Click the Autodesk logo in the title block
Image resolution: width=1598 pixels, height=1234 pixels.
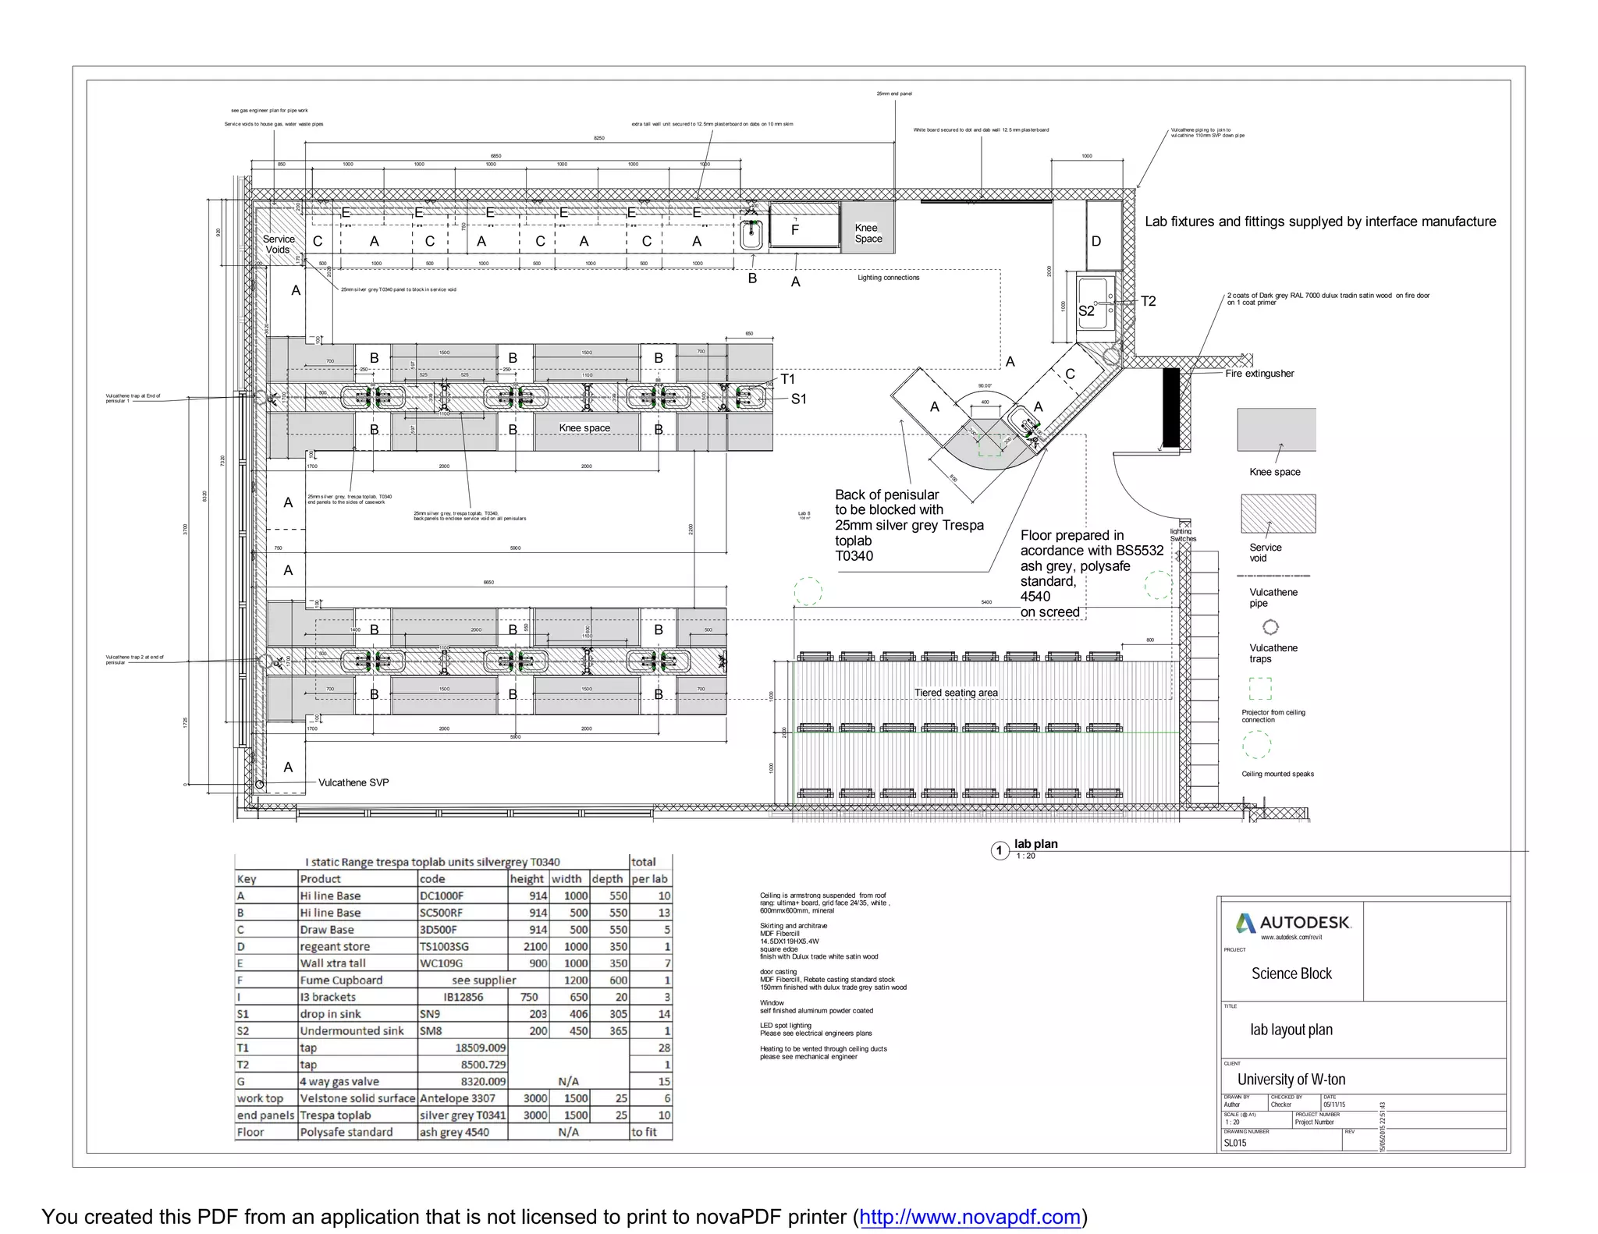pos(1293,923)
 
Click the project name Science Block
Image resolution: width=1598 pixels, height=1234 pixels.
pos(1291,973)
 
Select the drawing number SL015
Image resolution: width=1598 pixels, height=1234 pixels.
pos(1235,1143)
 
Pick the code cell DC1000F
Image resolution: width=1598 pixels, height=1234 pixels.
pos(442,896)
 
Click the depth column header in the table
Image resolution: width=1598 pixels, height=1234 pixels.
pos(607,879)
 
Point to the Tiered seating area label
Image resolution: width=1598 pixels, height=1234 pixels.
pos(956,693)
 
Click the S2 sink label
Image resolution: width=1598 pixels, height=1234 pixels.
pos(1086,310)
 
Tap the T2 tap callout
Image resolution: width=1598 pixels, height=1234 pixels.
pos(1148,301)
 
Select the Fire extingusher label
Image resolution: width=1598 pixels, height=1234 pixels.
pos(1259,374)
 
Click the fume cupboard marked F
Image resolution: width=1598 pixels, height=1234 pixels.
pos(795,229)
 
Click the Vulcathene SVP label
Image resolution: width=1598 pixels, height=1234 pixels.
pos(353,782)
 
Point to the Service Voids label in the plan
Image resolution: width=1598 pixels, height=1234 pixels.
pos(279,244)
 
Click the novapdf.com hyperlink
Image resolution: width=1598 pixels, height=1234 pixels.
pos(970,1216)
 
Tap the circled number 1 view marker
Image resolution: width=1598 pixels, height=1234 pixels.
pos(1000,850)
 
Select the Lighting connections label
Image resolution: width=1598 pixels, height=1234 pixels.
pos(888,278)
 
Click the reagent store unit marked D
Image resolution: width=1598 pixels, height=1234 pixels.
pos(1096,241)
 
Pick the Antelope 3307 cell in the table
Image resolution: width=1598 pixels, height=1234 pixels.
pos(457,1098)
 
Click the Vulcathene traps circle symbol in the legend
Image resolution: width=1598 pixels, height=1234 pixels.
pos(1270,627)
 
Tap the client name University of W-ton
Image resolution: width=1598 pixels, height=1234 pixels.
pos(1291,1080)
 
